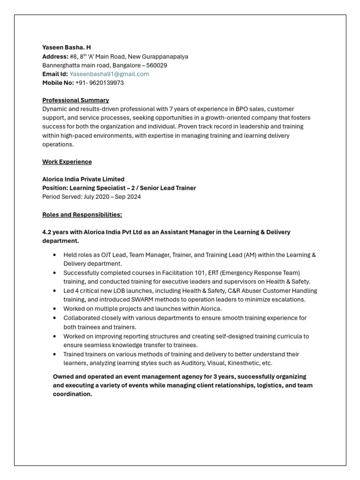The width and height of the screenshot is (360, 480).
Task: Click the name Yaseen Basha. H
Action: tap(67, 47)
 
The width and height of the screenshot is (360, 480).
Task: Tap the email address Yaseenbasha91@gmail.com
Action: tap(109, 74)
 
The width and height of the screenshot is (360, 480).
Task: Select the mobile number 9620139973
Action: tap(106, 83)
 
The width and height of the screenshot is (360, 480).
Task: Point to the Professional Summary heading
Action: tap(75, 100)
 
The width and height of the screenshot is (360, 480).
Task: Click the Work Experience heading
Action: tap(67, 162)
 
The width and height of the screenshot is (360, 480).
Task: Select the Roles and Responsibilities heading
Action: tap(82, 215)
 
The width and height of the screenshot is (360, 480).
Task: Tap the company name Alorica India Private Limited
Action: tap(83, 179)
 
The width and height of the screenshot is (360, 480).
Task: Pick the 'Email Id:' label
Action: tap(55, 74)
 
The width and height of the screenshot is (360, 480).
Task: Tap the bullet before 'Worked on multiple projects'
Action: tap(55, 309)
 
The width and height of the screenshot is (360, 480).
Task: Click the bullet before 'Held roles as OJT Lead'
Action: tap(55, 255)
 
